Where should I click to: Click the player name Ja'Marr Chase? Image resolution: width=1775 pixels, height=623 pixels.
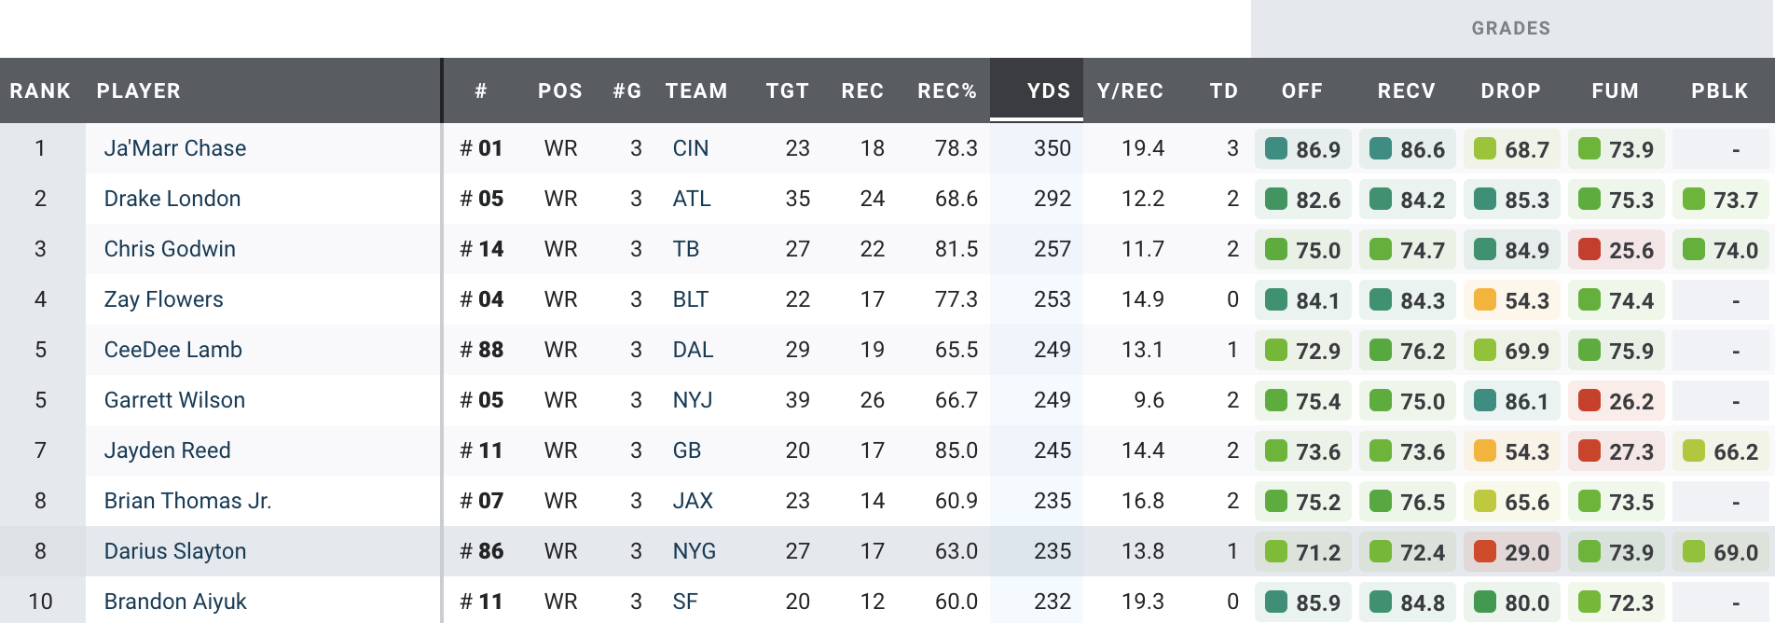click(175, 148)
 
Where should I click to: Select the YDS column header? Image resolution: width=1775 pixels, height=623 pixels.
click(1048, 90)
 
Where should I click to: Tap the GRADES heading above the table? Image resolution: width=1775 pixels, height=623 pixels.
click(1510, 29)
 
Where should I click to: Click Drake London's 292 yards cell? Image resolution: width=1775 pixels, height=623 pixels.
click(1052, 199)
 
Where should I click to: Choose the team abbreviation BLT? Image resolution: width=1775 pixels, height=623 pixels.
click(691, 299)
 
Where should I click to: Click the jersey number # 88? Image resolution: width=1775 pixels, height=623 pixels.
click(482, 350)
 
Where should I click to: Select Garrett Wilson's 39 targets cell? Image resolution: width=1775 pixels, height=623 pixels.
click(797, 400)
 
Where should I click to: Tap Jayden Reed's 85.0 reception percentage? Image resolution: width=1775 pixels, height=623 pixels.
click(956, 450)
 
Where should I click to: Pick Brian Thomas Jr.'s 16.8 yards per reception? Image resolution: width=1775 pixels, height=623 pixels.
click(1142, 501)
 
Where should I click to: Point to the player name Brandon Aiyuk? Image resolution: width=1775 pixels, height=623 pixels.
click(175, 602)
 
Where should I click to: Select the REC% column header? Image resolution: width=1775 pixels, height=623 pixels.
click(946, 90)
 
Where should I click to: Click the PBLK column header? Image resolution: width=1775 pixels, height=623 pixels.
click(1719, 90)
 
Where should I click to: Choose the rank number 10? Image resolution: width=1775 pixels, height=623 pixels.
click(40, 602)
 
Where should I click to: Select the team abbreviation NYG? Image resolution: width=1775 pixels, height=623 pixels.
click(695, 551)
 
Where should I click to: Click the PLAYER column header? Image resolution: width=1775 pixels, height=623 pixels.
click(139, 90)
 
